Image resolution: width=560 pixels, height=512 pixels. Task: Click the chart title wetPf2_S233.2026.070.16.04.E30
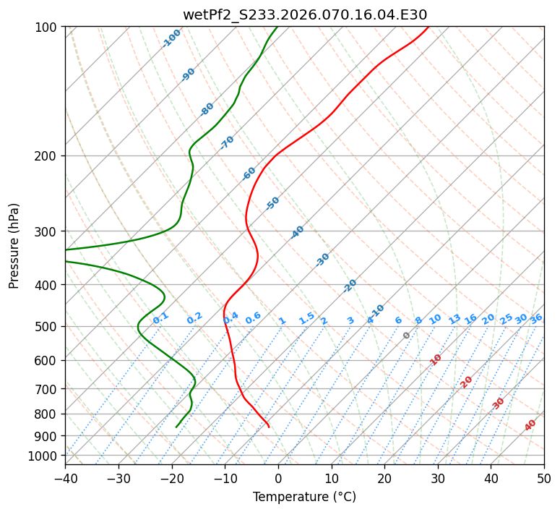(304, 14)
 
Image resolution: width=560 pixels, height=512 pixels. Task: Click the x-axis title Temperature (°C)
(304, 497)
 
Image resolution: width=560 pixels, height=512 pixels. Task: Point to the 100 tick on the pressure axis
(49, 27)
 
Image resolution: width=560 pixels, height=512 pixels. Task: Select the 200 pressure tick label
(49, 156)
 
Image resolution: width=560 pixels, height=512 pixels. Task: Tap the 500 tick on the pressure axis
(49, 327)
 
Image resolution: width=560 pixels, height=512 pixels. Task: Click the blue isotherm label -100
(171, 38)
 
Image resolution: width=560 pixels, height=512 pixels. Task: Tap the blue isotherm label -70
(227, 142)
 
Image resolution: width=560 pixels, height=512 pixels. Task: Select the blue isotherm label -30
(322, 259)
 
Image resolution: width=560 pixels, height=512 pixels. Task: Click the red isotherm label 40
(530, 425)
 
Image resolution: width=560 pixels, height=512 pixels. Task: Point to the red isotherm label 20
(467, 382)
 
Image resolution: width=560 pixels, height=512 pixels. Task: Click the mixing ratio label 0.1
(160, 317)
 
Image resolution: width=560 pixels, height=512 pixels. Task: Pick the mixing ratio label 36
(536, 318)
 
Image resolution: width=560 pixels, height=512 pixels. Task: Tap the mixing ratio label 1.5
(306, 317)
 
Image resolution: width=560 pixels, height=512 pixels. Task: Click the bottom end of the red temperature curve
(269, 427)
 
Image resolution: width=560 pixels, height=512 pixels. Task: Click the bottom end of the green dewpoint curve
(176, 427)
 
